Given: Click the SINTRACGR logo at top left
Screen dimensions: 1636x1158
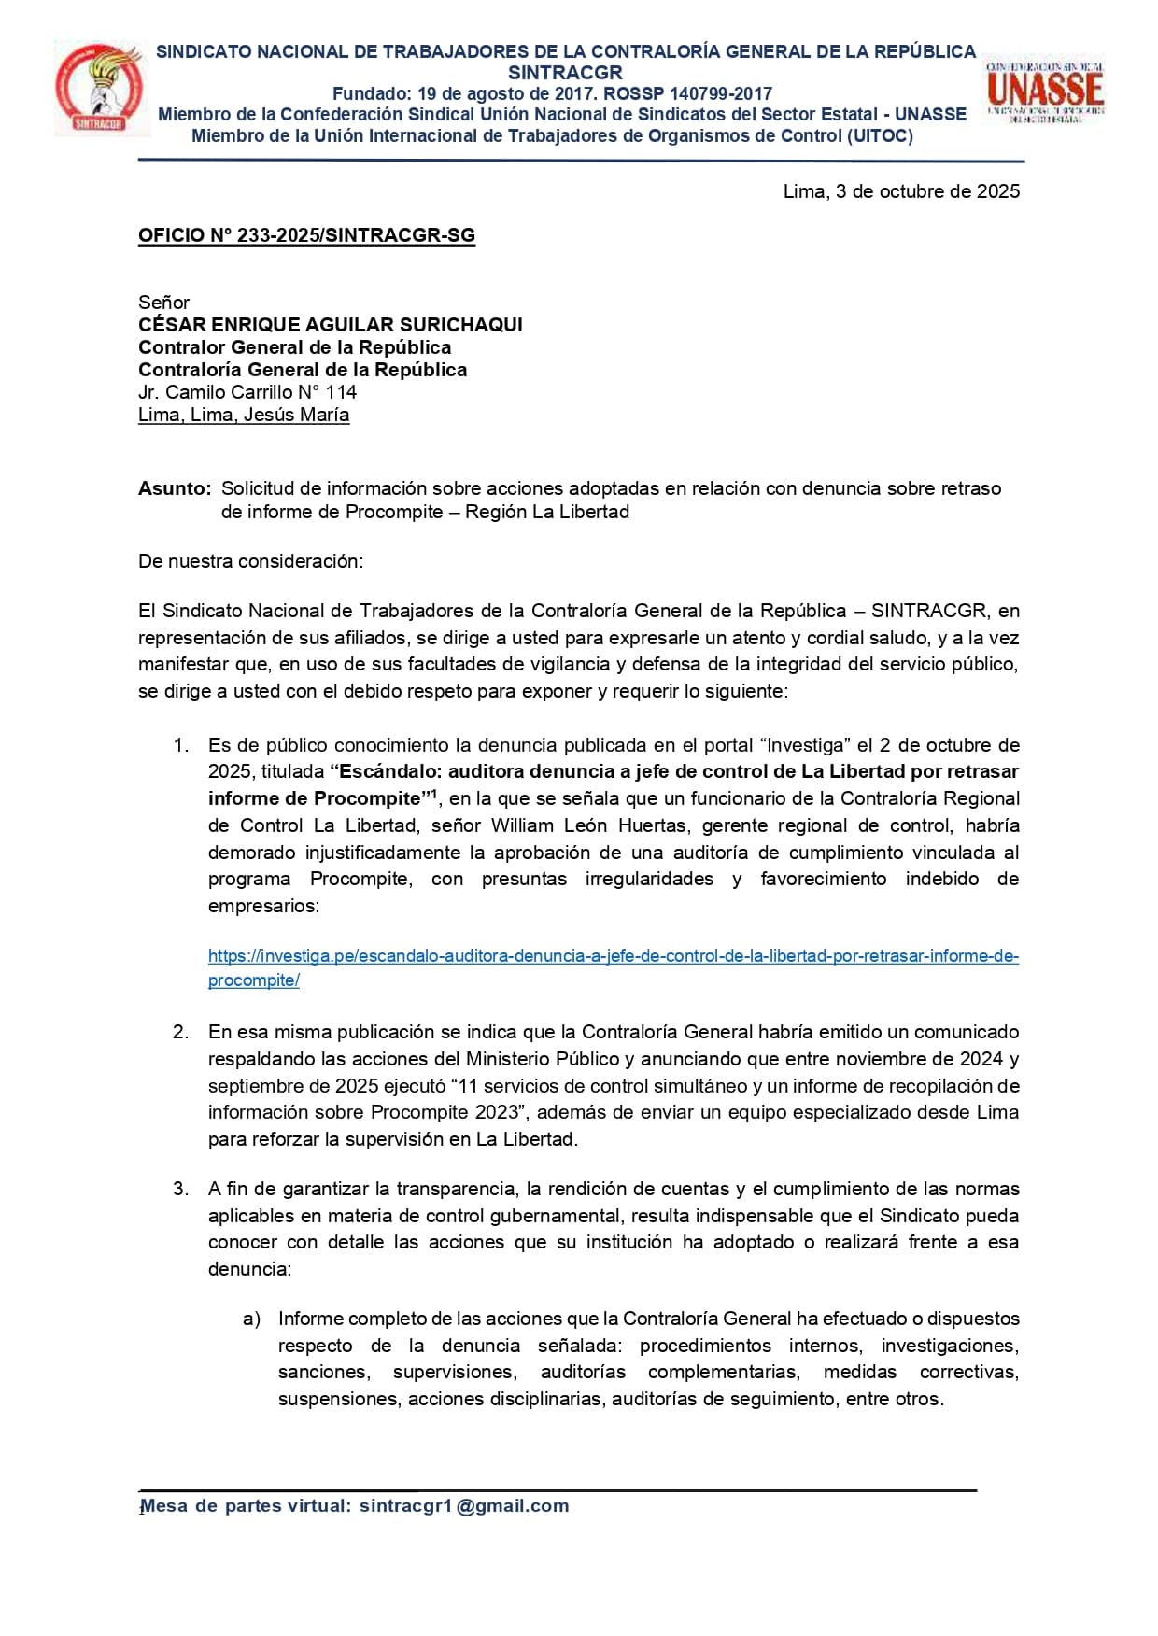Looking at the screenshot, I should click(100, 88).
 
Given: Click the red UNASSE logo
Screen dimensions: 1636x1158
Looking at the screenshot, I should click(1045, 92).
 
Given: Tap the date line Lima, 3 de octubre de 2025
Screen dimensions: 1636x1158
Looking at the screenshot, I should click(901, 191).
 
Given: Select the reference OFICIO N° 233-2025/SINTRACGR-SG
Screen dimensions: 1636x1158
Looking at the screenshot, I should click(306, 235).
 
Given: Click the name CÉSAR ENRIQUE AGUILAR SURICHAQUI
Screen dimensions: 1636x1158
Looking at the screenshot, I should click(330, 325).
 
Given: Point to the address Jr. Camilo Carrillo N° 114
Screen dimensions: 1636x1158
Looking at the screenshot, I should click(247, 392).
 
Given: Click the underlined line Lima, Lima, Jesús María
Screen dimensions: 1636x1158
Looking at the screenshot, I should click(244, 415).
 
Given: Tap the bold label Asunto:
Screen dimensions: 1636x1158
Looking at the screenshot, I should click(175, 488).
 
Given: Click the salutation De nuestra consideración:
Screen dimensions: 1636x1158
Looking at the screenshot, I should click(250, 561).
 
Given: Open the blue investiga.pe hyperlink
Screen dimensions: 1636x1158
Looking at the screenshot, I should click(613, 956).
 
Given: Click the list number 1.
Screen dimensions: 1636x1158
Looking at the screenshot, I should click(181, 745).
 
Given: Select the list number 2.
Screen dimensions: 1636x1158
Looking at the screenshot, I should click(181, 1032).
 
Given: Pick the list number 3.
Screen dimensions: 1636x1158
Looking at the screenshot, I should click(181, 1189).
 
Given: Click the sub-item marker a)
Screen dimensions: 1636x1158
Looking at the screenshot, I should click(251, 1319).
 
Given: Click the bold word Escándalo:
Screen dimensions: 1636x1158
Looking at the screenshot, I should click(379, 771).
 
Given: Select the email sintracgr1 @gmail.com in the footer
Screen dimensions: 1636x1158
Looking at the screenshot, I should click(464, 1505).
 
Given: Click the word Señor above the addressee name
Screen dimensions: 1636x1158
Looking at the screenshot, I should click(163, 303).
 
